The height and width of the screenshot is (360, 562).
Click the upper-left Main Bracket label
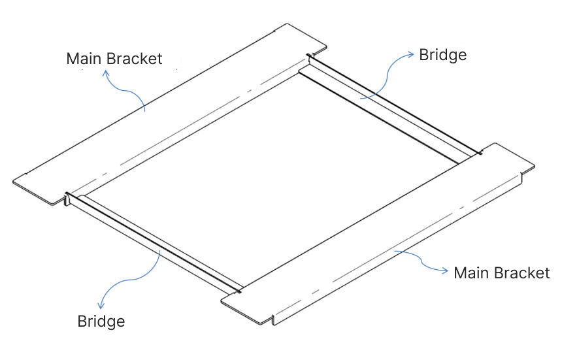click(x=114, y=58)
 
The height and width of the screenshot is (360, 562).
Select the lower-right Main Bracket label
click(x=502, y=272)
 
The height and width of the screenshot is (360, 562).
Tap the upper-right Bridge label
click(x=442, y=55)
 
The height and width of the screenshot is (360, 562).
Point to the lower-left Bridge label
click(x=101, y=321)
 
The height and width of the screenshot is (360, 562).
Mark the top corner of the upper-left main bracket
click(x=288, y=25)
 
